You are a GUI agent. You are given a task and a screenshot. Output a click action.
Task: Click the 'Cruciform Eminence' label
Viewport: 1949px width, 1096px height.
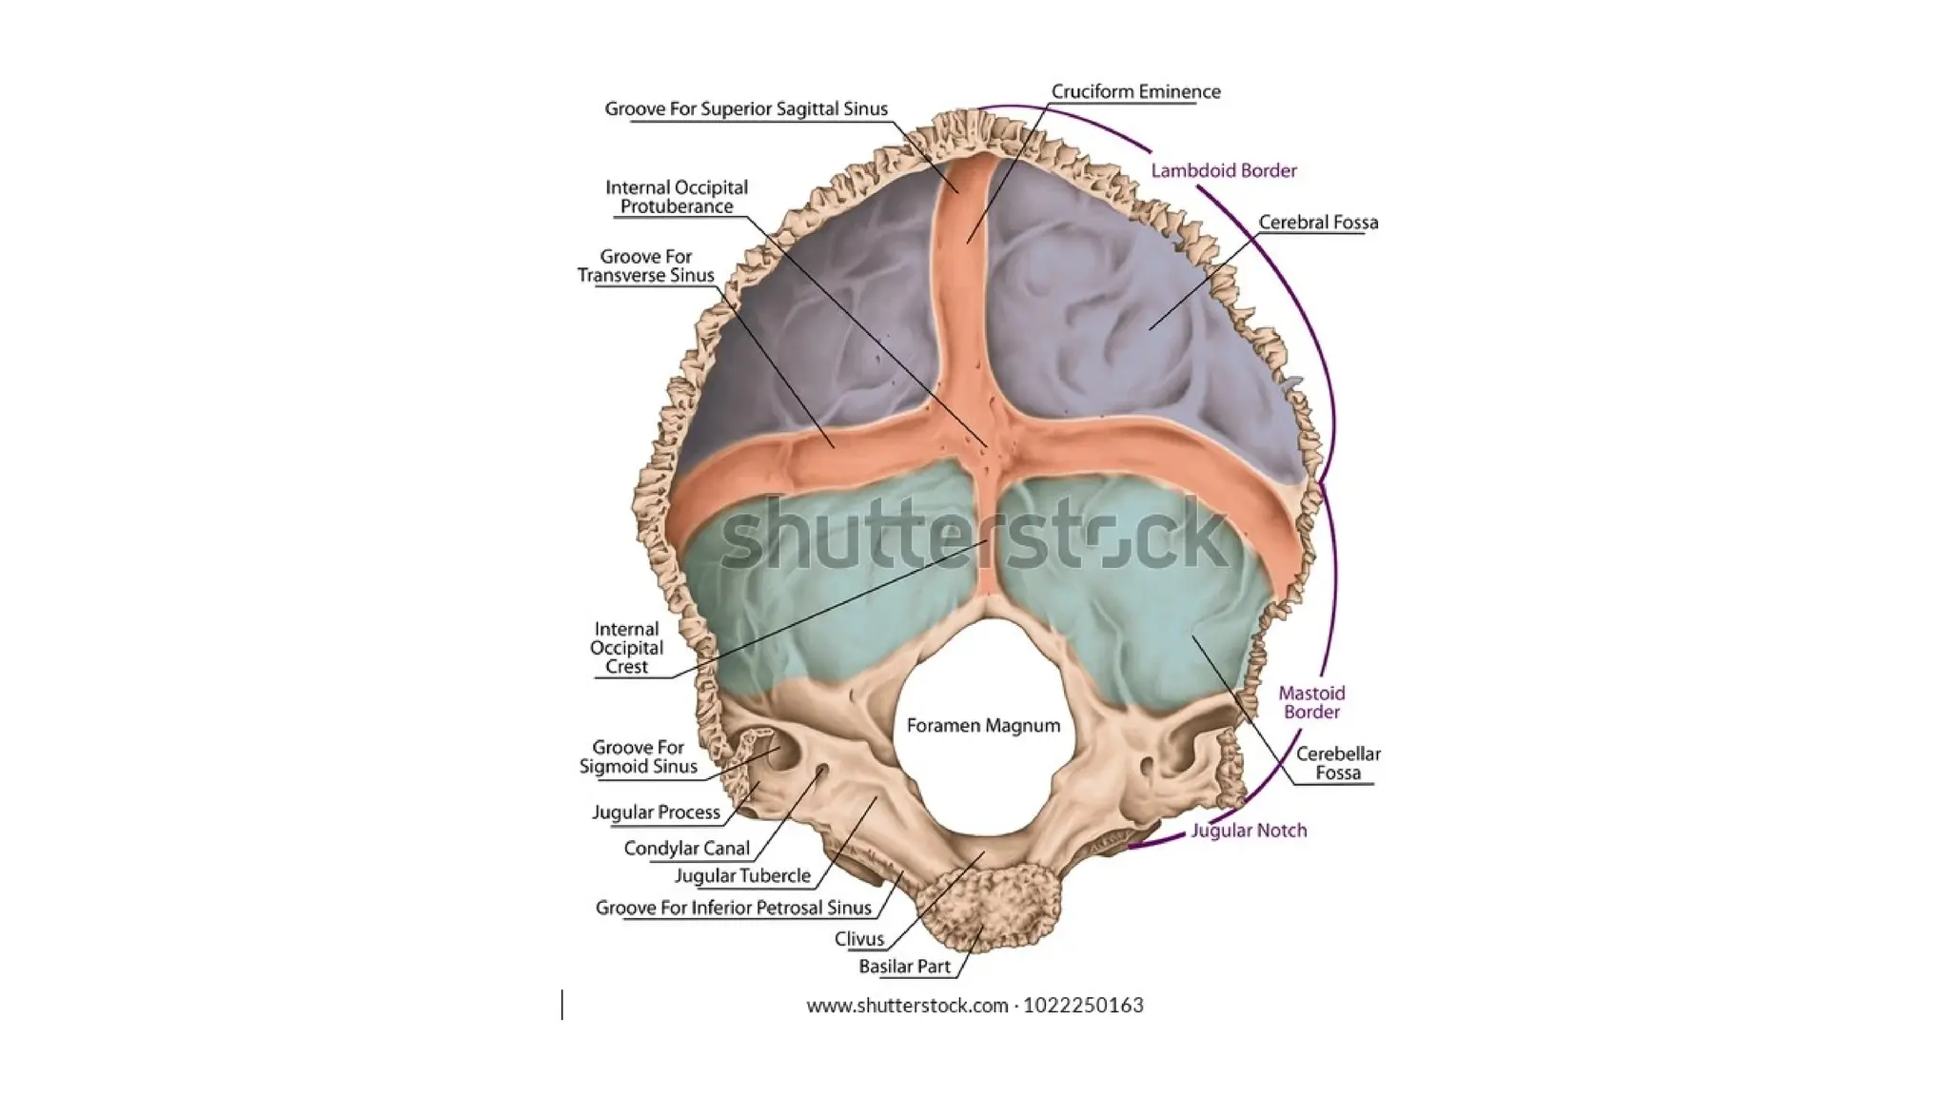tap(1135, 91)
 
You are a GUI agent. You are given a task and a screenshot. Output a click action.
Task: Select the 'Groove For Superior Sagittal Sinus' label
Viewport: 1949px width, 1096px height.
tap(746, 108)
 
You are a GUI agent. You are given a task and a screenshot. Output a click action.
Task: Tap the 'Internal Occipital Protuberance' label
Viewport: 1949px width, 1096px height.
tap(677, 197)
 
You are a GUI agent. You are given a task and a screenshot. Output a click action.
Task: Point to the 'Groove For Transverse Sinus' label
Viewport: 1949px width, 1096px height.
tap(646, 265)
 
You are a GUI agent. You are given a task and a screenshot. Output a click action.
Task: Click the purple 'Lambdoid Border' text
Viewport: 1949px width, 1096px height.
tap(1224, 170)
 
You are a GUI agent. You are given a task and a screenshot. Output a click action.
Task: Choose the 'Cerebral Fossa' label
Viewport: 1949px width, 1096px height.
tap(1318, 222)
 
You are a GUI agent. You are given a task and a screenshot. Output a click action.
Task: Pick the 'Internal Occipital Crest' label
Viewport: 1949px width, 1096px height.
tap(626, 648)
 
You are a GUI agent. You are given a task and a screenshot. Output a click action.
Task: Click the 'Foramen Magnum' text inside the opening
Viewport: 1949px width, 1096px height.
tap(983, 726)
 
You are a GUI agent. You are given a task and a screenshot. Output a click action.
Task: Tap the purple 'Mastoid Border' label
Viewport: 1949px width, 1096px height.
tap(1311, 702)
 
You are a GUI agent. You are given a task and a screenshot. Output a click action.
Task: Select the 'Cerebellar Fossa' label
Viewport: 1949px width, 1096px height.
tap(1338, 763)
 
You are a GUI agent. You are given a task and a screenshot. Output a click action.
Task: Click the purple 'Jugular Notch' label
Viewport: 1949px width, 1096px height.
tap(1249, 831)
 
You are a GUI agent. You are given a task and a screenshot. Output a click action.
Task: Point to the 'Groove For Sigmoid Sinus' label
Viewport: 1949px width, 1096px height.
tap(639, 757)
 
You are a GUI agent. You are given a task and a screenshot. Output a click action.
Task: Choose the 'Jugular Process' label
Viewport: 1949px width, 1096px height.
tap(656, 812)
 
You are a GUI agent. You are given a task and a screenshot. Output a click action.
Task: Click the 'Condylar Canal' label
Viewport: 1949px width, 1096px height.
tap(686, 848)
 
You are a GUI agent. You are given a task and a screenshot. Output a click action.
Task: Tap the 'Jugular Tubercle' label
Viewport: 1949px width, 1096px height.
tap(742, 875)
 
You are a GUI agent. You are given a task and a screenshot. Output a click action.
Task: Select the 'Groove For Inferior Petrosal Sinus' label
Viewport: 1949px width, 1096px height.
tap(733, 908)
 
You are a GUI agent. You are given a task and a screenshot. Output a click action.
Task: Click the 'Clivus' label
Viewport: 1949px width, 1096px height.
tap(859, 939)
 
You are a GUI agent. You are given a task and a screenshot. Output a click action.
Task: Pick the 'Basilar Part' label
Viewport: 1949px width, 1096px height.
tap(904, 967)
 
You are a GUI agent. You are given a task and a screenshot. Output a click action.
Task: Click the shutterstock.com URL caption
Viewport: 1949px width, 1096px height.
tap(974, 1006)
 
